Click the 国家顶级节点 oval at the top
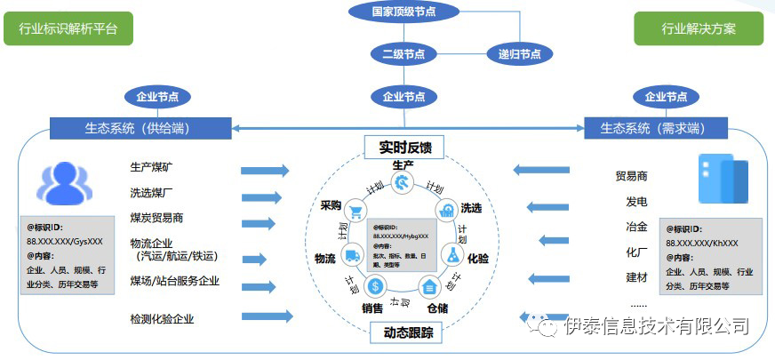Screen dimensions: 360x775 click(403, 12)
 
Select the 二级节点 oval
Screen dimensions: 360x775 click(403, 53)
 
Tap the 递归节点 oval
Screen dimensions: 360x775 click(518, 53)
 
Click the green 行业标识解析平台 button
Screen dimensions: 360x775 click(68, 29)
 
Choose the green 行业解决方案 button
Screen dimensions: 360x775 click(698, 29)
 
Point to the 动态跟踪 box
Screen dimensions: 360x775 click(403, 332)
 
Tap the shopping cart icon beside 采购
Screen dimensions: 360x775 click(356, 211)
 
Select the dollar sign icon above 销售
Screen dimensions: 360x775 click(376, 286)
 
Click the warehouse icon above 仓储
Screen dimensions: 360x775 click(430, 286)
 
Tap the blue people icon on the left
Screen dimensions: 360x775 click(64, 183)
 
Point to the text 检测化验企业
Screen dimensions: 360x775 click(162, 318)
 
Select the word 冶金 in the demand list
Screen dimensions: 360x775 click(636, 227)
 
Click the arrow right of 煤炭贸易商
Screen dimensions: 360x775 click(265, 223)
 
